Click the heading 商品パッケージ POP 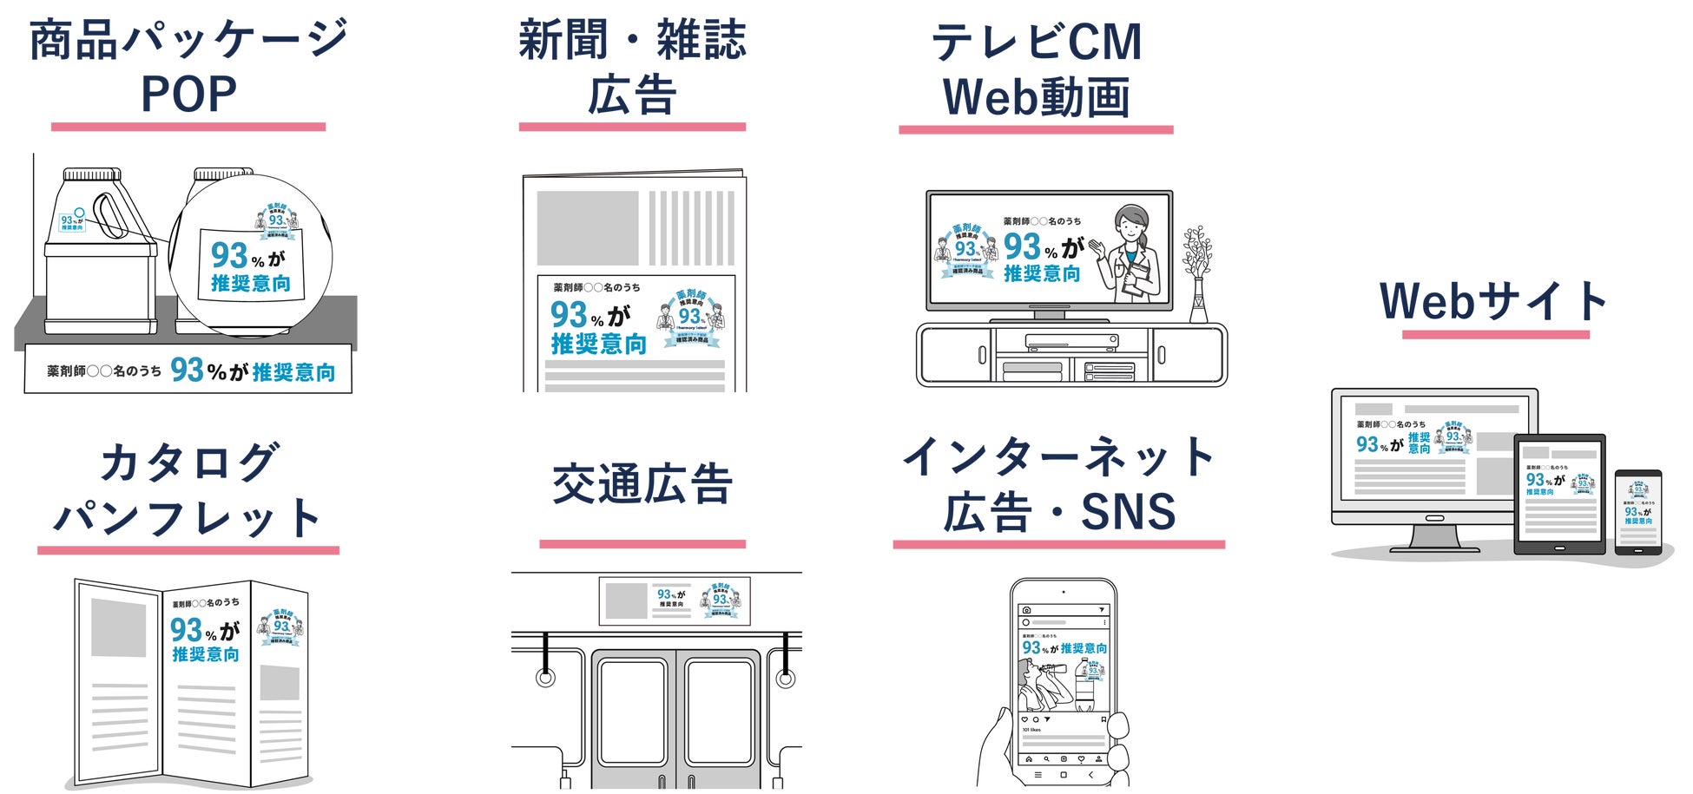click(188, 66)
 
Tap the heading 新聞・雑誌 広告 click(632, 68)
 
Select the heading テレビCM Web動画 click(1037, 69)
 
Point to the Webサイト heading click(1494, 300)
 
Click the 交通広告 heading click(642, 484)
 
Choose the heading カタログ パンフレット click(188, 489)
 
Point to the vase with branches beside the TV click(1198, 273)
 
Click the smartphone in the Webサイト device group click(1638, 513)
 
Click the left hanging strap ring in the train click(545, 675)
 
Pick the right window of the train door click(719, 712)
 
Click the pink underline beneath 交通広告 click(642, 544)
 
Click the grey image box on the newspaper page click(587, 228)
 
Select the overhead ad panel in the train click(675, 600)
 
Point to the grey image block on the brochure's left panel click(119, 627)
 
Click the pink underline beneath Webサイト click(1495, 335)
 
